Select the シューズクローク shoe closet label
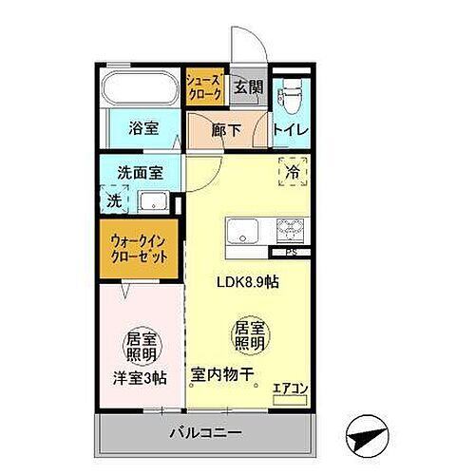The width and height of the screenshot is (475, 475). (x=204, y=88)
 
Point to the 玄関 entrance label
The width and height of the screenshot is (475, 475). (x=249, y=87)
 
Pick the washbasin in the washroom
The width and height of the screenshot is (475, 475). (x=154, y=201)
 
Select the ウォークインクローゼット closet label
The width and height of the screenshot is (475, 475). (x=140, y=249)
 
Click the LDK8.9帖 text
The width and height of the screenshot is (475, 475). (x=249, y=281)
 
